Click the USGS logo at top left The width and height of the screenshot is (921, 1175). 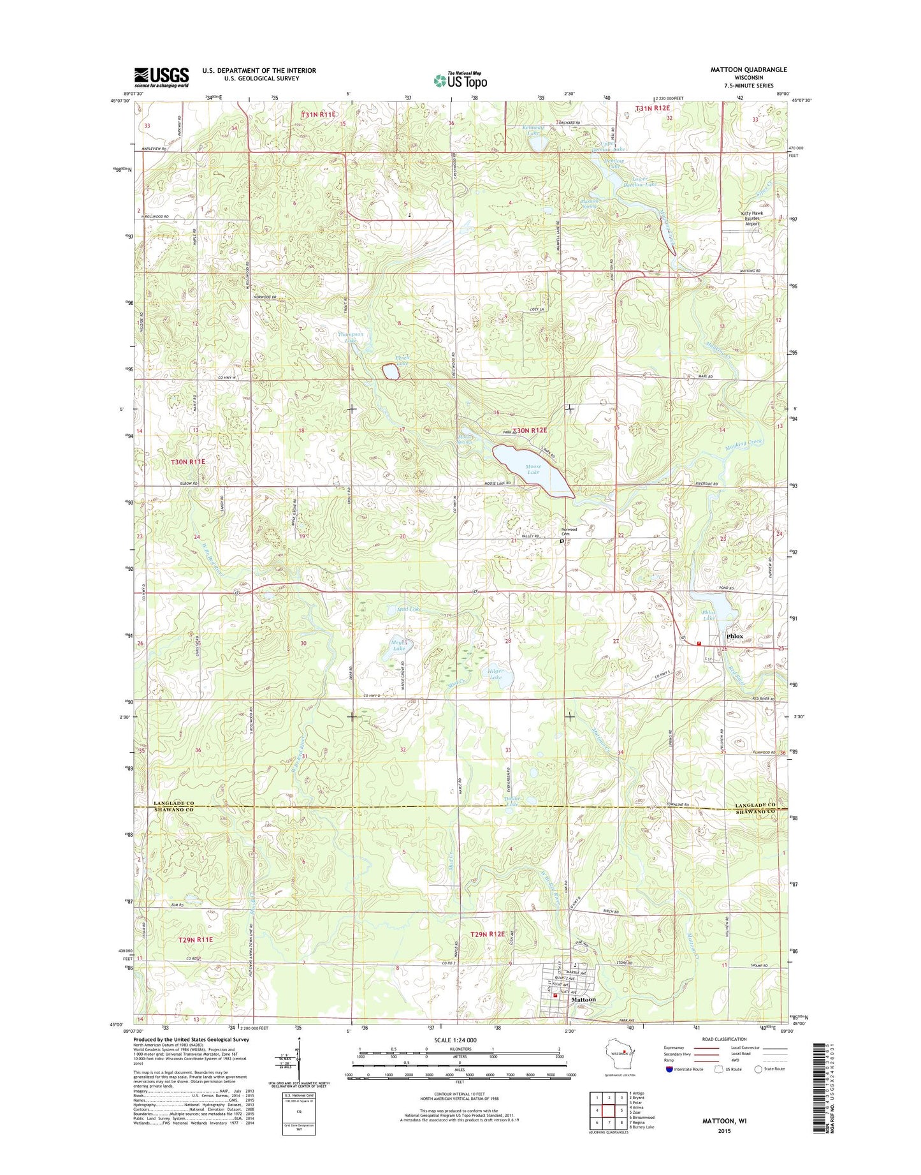161,77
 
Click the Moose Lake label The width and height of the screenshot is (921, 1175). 533,469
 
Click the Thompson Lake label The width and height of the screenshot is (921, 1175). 351,337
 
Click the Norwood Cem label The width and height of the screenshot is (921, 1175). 569,531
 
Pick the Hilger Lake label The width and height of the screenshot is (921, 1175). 495,674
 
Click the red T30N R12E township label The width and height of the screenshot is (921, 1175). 530,431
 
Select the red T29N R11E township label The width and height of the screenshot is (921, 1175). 196,940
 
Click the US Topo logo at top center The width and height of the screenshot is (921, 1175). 460,80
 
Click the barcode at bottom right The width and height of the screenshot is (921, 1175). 822,1096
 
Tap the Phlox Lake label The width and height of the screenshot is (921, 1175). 709,615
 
